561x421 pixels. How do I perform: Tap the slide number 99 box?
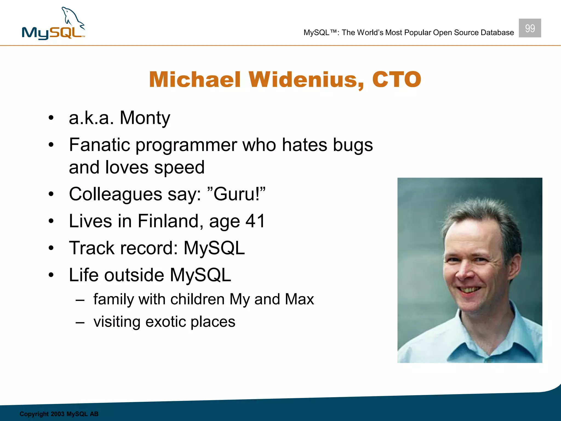click(529, 28)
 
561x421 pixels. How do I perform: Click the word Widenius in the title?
click(306, 80)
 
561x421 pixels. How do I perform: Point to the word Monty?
click(145, 118)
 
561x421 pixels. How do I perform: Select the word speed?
click(179, 167)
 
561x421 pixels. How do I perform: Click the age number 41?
click(255, 221)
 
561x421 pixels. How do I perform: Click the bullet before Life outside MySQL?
click(51, 275)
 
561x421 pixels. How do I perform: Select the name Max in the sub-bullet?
click(299, 299)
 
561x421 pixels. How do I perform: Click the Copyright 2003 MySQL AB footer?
click(59, 414)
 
